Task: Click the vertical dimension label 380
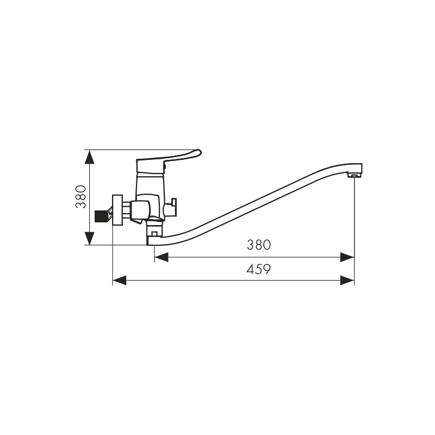81,197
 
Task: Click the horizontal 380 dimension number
259,245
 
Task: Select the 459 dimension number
258,269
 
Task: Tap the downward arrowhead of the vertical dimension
89,238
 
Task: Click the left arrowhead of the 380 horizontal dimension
161,257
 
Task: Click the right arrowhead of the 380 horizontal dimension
347,257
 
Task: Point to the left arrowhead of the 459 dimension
120,280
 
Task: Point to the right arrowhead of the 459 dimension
347,280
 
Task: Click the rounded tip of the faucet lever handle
198,153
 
